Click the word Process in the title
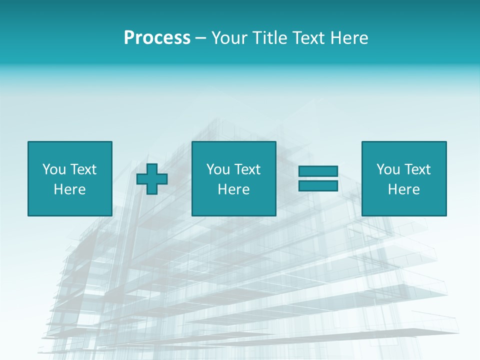[157, 38]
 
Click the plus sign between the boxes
[152, 179]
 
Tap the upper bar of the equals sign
[318, 171]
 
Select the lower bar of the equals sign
[318, 185]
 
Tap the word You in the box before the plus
[54, 169]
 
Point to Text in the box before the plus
[83, 169]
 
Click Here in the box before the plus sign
[69, 189]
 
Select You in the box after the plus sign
[218, 169]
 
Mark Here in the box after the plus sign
[233, 189]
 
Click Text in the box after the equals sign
[417, 169]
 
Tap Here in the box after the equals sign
[403, 189]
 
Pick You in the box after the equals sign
[388, 169]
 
